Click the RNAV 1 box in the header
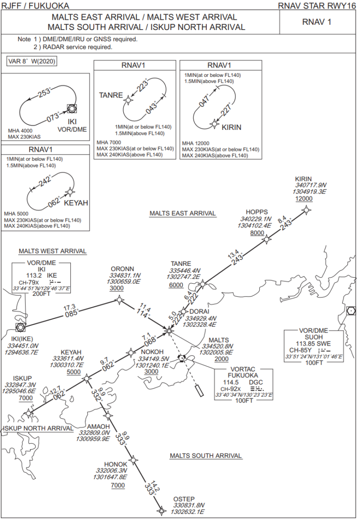[317, 22]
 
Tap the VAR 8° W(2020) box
[32, 61]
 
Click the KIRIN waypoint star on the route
[307, 210]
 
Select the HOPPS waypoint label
[257, 211]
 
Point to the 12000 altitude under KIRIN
[303, 199]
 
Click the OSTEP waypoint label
[184, 498]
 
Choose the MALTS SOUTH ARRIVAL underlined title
[206, 455]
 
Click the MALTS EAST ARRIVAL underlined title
[183, 213]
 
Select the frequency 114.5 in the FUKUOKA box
[227, 382]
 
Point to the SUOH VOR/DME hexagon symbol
[351, 310]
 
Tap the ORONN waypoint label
[122, 269]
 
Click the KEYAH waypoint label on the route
[71, 352]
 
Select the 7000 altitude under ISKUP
[25, 398]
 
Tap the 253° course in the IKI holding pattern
[45, 92]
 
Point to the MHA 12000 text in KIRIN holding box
[195, 143]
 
